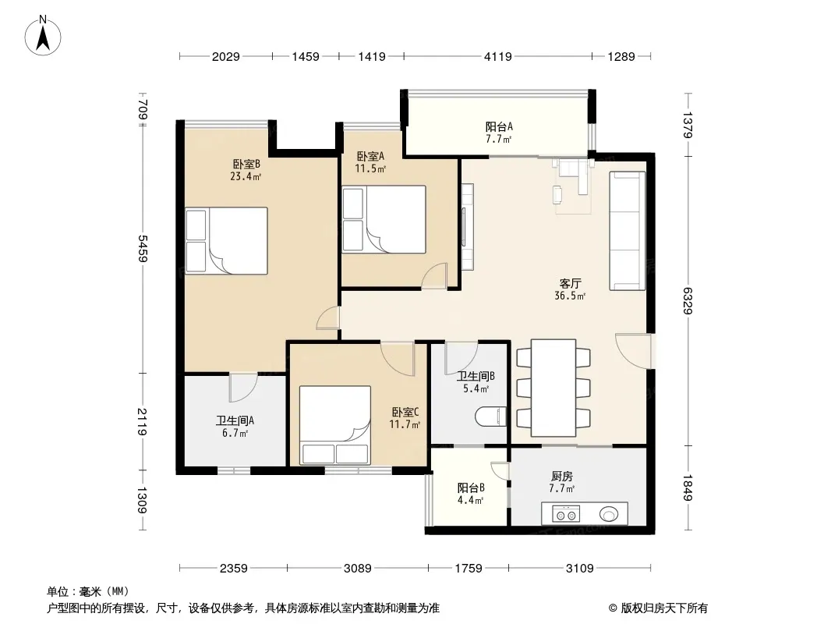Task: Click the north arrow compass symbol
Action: click(x=43, y=36)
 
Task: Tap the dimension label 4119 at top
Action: click(x=497, y=56)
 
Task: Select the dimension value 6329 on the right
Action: click(x=688, y=300)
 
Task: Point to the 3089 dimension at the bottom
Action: click(x=358, y=569)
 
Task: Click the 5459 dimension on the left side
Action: click(x=143, y=249)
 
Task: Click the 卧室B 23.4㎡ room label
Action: click(x=246, y=170)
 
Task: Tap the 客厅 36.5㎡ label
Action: click(x=570, y=289)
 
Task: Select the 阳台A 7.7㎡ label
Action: click(x=499, y=133)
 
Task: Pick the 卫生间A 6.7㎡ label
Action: click(x=235, y=426)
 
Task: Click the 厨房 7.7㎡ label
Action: click(x=562, y=482)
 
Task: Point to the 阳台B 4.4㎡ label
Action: click(x=471, y=494)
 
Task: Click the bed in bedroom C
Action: click(x=335, y=425)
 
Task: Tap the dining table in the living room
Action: click(x=553, y=388)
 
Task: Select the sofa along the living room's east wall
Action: click(x=627, y=231)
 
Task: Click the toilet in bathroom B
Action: click(x=490, y=417)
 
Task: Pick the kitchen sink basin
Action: click(x=609, y=514)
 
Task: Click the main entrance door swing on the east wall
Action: click(x=633, y=350)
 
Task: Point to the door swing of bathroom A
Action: click(x=243, y=388)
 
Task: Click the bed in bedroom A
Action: click(x=384, y=219)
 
